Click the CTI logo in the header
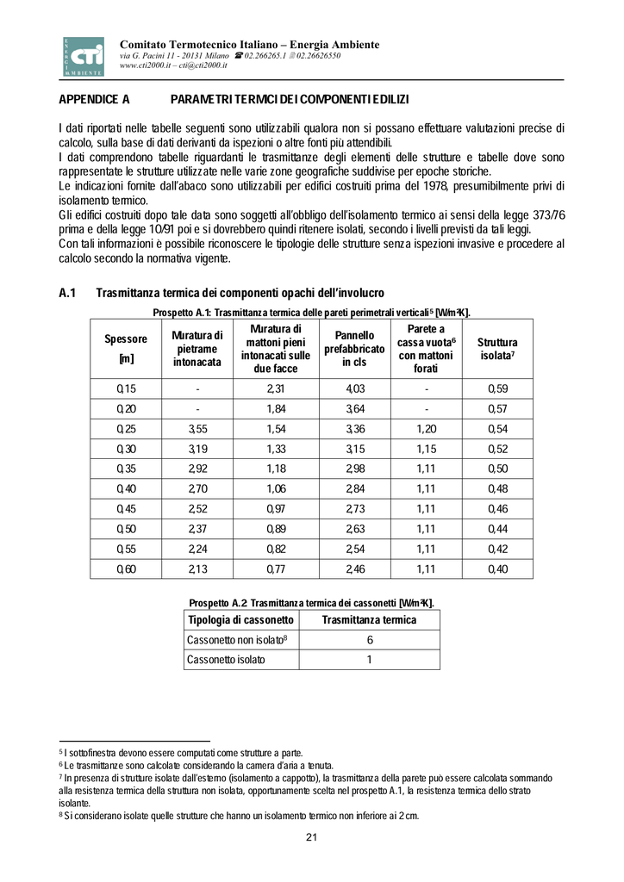[x=83, y=56]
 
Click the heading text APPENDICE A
[x=94, y=100]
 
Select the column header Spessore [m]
[x=126, y=348]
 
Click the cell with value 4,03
[x=354, y=388]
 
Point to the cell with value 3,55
[x=197, y=429]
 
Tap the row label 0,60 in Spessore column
[x=126, y=568]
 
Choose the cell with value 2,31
[x=275, y=388]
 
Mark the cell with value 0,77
[x=275, y=568]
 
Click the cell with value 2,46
[x=354, y=568]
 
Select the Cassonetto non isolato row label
[x=236, y=640]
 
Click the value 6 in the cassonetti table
[x=369, y=640]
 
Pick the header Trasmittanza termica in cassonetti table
[x=369, y=620]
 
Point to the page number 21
[x=312, y=838]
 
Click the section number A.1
[x=68, y=294]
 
